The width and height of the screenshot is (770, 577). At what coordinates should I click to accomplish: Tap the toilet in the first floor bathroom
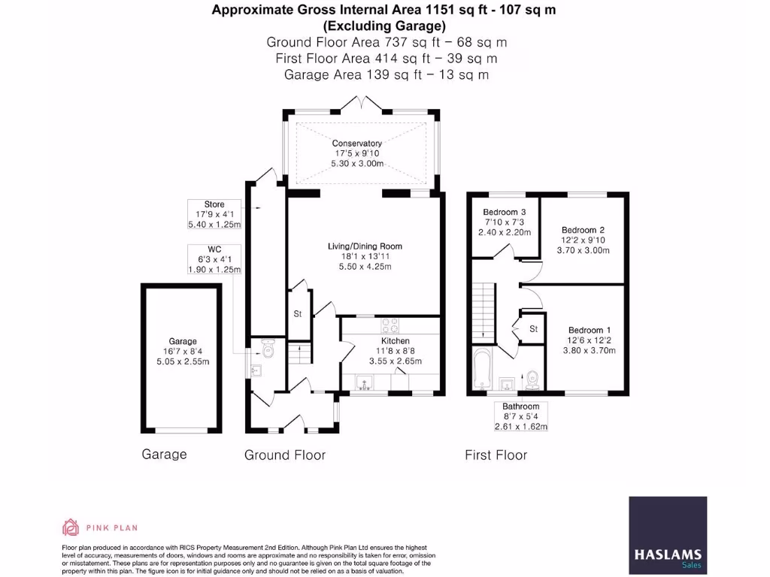tap(532, 379)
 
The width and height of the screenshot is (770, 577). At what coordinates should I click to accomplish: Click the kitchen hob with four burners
tap(391, 325)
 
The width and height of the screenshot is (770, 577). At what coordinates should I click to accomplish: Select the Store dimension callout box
tap(214, 214)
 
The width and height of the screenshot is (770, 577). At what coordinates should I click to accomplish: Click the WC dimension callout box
tap(214, 259)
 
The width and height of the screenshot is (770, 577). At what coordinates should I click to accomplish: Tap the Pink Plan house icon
tap(71, 527)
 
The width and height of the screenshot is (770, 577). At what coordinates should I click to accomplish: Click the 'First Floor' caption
tap(496, 455)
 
